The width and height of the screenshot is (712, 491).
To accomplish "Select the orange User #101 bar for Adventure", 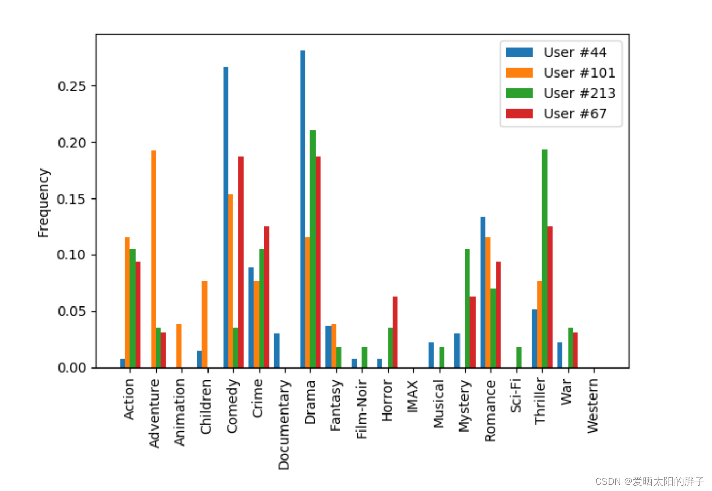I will tap(153, 259).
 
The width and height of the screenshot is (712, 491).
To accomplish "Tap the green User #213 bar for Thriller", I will tap(544, 258).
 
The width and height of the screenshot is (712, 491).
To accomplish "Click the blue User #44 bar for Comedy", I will tap(226, 217).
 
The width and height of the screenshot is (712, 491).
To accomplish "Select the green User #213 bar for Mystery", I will tap(467, 308).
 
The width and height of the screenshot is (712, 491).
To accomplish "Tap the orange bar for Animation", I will tap(179, 346).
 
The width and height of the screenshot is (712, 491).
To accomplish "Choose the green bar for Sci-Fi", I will tap(518, 357).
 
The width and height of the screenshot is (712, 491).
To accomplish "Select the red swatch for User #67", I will tap(519, 114).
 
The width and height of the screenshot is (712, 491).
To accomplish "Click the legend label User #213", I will tap(579, 94).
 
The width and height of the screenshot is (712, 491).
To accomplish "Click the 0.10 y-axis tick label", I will tap(71, 255).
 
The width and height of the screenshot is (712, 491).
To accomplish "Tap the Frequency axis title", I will tap(43, 203).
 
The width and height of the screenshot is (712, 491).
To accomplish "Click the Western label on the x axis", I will tap(592, 406).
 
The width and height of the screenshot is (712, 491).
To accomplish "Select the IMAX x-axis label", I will tap(412, 396).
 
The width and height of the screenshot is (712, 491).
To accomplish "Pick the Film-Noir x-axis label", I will tap(361, 409).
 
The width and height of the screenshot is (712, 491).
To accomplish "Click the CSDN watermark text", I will tap(649, 481).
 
